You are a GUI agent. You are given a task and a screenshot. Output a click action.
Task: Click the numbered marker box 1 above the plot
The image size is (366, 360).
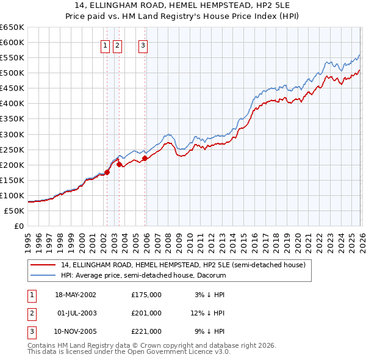106,45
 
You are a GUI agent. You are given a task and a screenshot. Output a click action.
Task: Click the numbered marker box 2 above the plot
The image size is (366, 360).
117,45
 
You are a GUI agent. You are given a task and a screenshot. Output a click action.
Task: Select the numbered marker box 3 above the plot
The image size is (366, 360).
143,45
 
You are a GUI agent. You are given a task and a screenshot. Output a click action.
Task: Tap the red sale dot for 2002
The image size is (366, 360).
107,172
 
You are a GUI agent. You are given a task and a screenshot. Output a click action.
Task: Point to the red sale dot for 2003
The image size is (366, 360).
119,164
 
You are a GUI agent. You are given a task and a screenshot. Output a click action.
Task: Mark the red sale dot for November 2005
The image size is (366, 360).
145,158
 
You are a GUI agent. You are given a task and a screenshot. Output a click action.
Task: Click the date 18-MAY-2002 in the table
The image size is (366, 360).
75,295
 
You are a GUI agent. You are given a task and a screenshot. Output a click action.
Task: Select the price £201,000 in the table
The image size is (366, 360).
146,313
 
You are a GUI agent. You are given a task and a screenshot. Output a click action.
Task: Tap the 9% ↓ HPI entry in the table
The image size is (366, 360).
210,331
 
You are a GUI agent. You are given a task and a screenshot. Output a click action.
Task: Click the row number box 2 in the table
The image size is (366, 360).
31,313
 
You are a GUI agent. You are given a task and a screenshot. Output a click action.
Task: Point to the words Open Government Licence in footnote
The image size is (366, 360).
183,352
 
